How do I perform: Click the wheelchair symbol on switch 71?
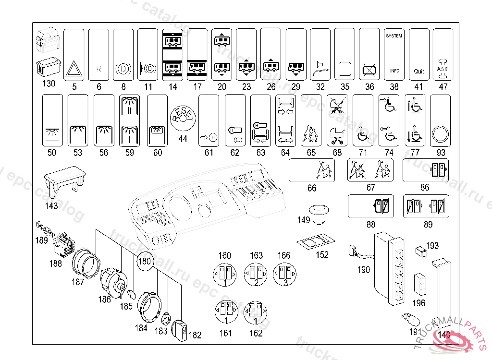point(363,135)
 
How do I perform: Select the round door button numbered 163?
point(256,274)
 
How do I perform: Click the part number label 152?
point(322,255)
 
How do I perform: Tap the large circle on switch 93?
point(440,135)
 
